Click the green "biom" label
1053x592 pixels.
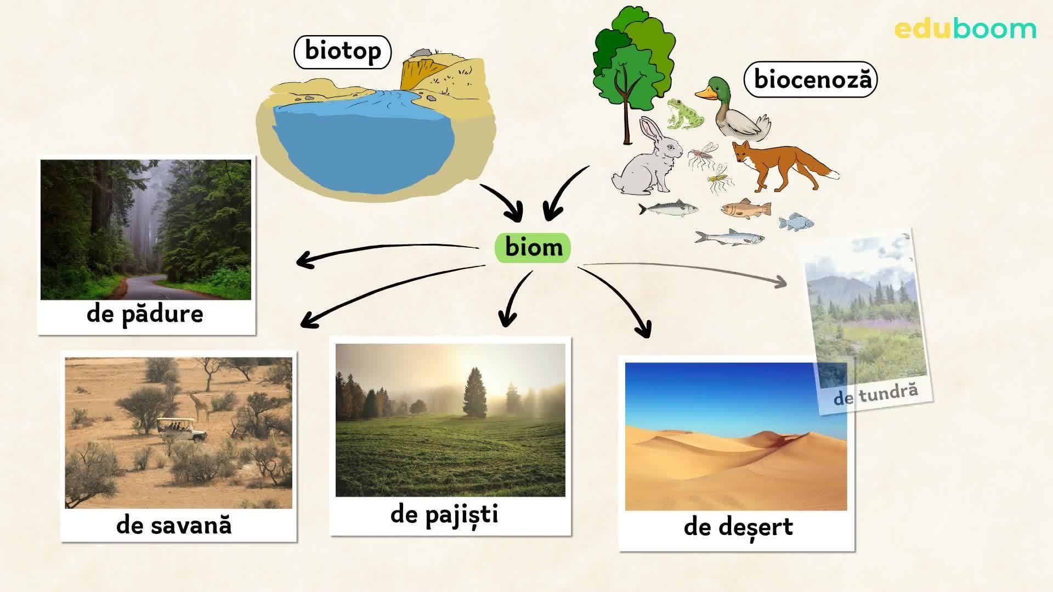tap(533, 248)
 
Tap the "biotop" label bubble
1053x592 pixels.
tap(343, 52)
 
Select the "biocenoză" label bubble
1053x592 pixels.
tap(811, 79)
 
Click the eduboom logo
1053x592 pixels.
tap(965, 29)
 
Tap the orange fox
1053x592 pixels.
tap(779, 164)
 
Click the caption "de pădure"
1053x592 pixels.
tap(145, 314)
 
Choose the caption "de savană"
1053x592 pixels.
tap(174, 525)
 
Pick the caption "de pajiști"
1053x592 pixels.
tap(444, 515)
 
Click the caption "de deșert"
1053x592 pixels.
tap(738, 527)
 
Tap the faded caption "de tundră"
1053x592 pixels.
tap(875, 394)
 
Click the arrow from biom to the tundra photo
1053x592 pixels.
tap(686, 269)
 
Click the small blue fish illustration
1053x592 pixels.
tap(796, 222)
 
